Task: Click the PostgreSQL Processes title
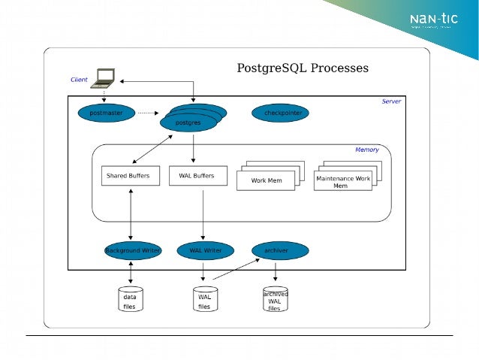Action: point(303,68)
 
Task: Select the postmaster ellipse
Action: point(106,113)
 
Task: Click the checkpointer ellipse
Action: point(281,113)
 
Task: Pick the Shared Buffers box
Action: point(131,176)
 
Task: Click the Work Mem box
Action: point(267,180)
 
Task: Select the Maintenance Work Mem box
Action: point(343,181)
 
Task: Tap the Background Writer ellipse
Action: point(132,250)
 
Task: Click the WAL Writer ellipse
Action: point(205,250)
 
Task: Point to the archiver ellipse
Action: point(276,250)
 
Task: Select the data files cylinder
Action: point(131,299)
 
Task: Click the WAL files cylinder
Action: point(204,299)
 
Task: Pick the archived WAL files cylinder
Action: point(275,300)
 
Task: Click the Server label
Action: point(391,101)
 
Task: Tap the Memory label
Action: point(366,150)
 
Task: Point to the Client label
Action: point(79,80)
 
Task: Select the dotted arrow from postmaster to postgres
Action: point(149,113)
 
